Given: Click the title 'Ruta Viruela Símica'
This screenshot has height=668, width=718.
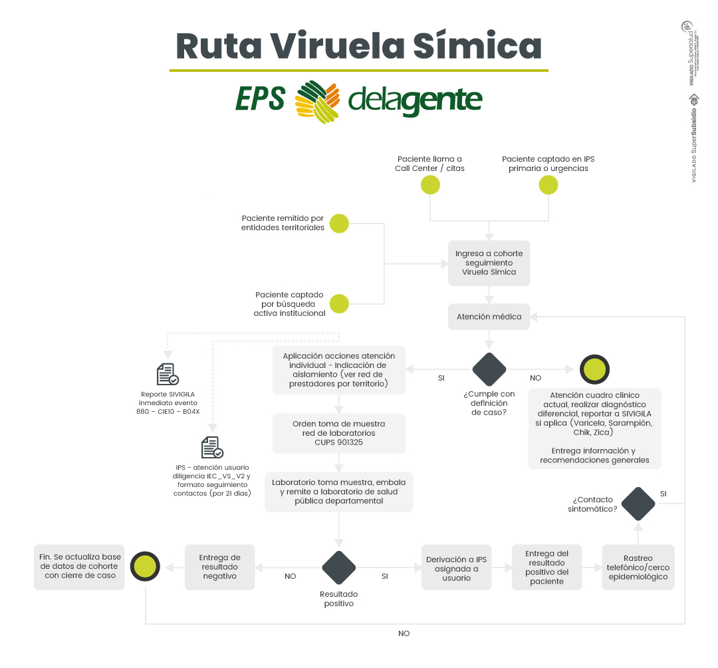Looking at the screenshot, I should click(358, 47).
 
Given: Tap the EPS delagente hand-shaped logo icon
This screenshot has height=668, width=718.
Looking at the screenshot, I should click(317, 101).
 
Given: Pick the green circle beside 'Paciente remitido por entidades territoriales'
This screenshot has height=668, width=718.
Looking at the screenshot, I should click(339, 223).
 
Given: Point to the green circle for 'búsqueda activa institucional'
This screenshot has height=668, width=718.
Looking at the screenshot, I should click(339, 303).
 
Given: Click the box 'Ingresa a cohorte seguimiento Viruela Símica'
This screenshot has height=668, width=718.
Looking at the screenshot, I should click(489, 263).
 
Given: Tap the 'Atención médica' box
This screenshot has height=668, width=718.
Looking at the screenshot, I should click(489, 317).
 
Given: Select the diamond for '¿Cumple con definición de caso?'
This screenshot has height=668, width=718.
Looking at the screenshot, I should click(489, 369).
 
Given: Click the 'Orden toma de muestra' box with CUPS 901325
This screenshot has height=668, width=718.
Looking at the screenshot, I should click(339, 432).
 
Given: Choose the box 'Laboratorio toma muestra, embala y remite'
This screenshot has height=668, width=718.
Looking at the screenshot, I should click(339, 492).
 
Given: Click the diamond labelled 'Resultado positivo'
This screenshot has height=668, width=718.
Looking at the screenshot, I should click(339, 568).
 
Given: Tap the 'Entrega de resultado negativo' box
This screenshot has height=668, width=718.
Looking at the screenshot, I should click(220, 568).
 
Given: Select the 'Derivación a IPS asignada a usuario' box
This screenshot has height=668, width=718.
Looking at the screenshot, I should click(456, 568).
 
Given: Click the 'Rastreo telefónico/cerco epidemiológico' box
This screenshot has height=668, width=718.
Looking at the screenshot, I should click(638, 568).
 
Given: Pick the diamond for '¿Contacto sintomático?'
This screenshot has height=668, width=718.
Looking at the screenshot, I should click(638, 504).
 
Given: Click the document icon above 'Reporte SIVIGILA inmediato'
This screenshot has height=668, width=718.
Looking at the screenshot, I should click(168, 375).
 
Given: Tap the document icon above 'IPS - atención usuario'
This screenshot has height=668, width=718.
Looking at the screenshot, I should click(212, 447).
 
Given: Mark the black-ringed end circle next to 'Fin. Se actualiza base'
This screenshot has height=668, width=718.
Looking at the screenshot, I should click(146, 568).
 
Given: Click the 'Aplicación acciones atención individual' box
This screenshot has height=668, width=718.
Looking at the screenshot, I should click(339, 370).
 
